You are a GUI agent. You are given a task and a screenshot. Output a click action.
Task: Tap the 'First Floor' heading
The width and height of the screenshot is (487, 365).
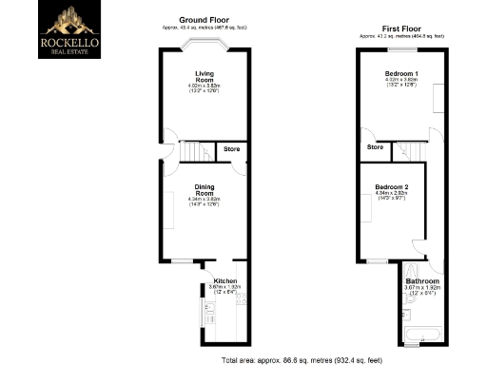click(401, 29)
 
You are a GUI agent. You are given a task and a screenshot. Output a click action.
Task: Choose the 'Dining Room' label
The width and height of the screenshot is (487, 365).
click(206, 187)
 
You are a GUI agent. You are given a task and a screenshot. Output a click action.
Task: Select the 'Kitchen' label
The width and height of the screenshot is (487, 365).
click(225, 281)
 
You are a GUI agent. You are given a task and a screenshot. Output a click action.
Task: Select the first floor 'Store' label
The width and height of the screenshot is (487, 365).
click(375, 147)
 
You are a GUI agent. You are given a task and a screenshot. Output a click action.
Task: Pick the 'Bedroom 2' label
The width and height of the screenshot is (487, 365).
click(391, 186)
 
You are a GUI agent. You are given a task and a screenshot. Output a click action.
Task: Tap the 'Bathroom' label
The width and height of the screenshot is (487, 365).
click(421, 281)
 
